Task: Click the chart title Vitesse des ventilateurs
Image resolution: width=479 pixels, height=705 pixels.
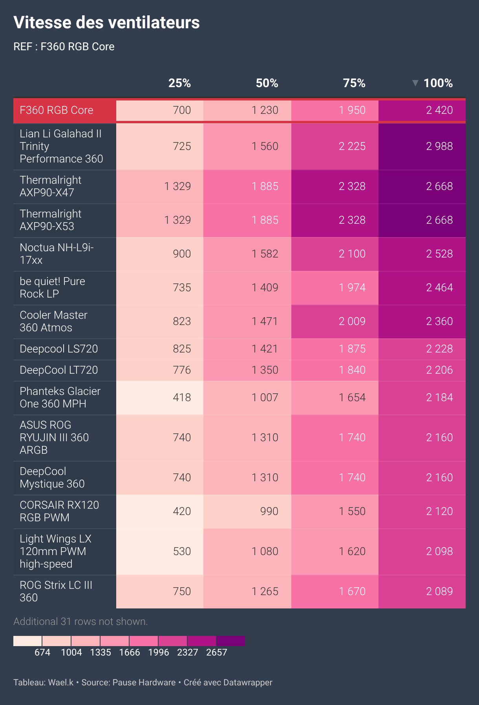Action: pyautogui.click(x=106, y=22)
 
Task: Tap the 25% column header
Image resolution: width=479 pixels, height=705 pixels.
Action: pyautogui.click(x=179, y=83)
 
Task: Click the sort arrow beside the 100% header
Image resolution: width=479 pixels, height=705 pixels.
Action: pyautogui.click(x=415, y=83)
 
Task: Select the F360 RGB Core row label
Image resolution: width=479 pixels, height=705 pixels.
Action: pyautogui.click(x=57, y=110)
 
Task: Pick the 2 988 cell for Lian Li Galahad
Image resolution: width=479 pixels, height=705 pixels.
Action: pyautogui.click(x=439, y=146)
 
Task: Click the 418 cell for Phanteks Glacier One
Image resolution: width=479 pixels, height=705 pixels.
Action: pyautogui.click(x=182, y=398)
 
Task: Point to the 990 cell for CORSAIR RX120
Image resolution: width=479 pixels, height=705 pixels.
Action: pyautogui.click(x=269, y=511)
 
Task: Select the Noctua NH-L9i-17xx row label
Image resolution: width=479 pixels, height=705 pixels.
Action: pyautogui.click(x=57, y=254)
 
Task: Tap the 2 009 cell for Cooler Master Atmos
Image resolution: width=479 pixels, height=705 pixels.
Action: pyautogui.click(x=352, y=321)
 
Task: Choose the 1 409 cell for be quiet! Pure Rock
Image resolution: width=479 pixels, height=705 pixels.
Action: pyautogui.click(x=265, y=288)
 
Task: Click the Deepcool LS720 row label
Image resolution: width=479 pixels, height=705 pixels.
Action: pyautogui.click(x=59, y=349)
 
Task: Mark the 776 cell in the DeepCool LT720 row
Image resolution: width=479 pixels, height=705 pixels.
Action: pyautogui.click(x=182, y=370)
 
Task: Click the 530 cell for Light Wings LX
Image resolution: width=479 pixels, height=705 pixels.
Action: pyautogui.click(x=182, y=552)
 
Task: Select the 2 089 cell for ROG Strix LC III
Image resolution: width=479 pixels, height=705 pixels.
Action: pyautogui.click(x=439, y=592)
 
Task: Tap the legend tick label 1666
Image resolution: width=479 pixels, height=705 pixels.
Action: pyautogui.click(x=130, y=652)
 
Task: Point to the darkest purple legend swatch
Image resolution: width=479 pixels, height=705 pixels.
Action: pyautogui.click(x=230, y=641)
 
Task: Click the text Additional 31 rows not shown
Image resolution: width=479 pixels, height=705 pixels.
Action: pyautogui.click(x=80, y=622)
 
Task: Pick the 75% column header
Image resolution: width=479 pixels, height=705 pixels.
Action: pyautogui.click(x=354, y=83)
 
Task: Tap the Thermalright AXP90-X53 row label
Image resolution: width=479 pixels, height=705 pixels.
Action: pyautogui.click(x=50, y=220)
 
